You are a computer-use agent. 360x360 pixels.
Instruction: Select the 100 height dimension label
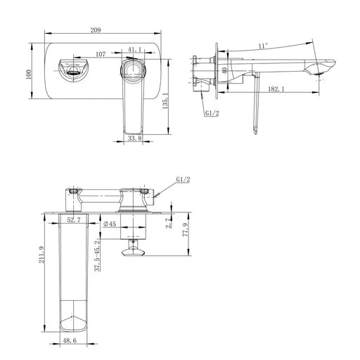point(29,74)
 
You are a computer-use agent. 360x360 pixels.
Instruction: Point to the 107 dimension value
point(99,53)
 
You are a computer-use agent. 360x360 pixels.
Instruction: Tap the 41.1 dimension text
point(134,50)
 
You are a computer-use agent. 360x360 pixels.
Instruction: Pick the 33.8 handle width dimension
point(135,139)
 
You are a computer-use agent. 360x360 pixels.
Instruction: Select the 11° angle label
point(262,46)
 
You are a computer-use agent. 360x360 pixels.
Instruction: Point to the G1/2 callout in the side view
point(211,113)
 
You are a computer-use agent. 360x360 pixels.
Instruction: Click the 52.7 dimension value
point(73,221)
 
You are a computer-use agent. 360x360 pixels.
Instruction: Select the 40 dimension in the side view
point(224,70)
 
